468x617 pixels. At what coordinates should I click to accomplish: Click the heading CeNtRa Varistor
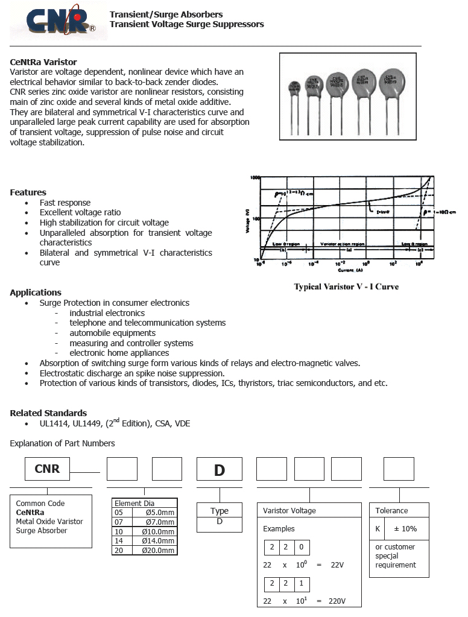click(x=43, y=62)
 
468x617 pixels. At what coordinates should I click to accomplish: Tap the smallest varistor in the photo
click(x=294, y=89)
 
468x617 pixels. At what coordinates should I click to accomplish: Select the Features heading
click(x=28, y=192)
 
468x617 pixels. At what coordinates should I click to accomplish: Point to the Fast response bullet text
click(x=65, y=203)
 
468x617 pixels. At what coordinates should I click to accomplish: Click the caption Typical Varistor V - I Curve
click(x=346, y=286)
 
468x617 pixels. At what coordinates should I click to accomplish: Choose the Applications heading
click(x=36, y=293)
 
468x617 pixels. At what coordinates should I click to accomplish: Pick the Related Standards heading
click(x=48, y=413)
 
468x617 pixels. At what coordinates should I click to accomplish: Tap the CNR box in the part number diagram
click(x=47, y=469)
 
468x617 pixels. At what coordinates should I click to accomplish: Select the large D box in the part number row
click(x=220, y=469)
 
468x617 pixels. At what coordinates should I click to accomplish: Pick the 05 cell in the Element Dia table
click(x=119, y=513)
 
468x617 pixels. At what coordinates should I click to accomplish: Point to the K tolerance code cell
click(x=378, y=529)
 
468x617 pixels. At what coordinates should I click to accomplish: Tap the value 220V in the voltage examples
click(x=337, y=601)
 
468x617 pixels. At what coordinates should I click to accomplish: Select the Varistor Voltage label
click(x=289, y=511)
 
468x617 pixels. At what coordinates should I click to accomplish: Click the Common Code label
click(x=40, y=504)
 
